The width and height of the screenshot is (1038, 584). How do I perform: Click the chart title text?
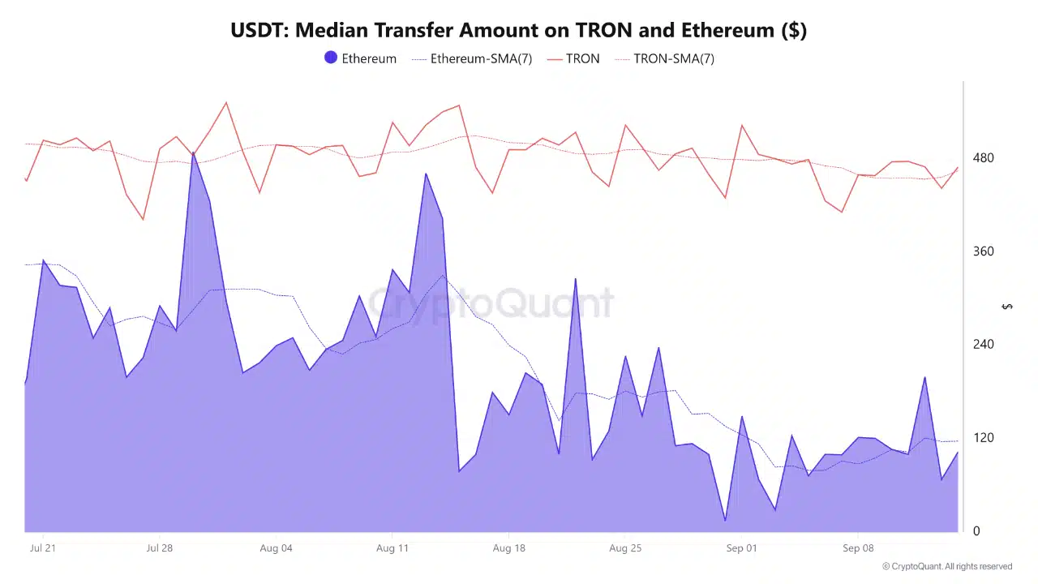518,31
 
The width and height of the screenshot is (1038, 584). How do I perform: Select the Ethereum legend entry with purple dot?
360,58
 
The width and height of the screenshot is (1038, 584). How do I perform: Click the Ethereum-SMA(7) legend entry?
472,58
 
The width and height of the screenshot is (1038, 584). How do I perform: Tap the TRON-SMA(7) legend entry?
664,58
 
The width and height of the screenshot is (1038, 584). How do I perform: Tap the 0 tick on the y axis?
976,531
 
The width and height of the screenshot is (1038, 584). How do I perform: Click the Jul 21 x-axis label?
43,548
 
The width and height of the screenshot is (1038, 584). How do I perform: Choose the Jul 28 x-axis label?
159,548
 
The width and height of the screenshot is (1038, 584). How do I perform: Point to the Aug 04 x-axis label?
276,548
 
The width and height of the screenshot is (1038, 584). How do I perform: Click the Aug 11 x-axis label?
392,548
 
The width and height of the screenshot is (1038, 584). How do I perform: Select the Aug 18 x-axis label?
508,548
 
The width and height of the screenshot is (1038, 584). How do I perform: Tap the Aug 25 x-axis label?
624,548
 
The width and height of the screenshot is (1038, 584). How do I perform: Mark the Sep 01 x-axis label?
741,548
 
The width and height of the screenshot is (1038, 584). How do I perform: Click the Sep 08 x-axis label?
857,548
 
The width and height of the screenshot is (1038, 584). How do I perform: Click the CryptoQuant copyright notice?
946,566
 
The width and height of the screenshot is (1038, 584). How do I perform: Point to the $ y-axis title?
1007,306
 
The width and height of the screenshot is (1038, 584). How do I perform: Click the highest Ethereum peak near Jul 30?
193,153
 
